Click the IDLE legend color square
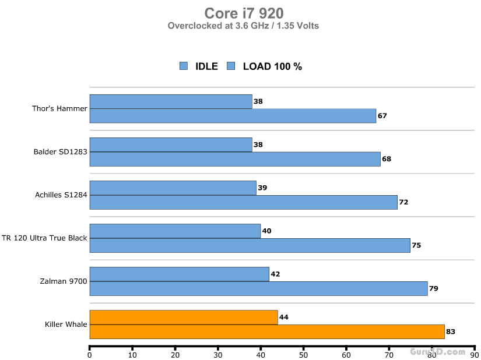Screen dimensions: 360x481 click(x=184, y=66)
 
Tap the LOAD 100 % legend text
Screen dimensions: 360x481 click(x=272, y=66)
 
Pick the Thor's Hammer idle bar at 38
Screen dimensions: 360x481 click(x=171, y=101)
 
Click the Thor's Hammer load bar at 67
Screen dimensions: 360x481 click(x=233, y=115)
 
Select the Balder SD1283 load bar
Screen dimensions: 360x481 click(x=235, y=158)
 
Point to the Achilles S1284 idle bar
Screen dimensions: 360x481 click(x=173, y=188)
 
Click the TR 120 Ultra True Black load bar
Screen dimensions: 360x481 click(x=250, y=245)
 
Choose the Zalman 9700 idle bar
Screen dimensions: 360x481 click(x=179, y=274)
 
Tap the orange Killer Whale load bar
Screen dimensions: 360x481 click(x=267, y=331)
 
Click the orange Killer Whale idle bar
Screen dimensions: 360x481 click(x=184, y=317)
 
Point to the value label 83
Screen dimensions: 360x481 click(x=450, y=332)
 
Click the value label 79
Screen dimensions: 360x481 click(x=434, y=288)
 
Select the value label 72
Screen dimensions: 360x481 click(x=402, y=202)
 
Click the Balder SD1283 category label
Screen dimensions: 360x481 click(x=61, y=152)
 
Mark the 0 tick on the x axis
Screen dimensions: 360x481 click(x=90, y=354)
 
